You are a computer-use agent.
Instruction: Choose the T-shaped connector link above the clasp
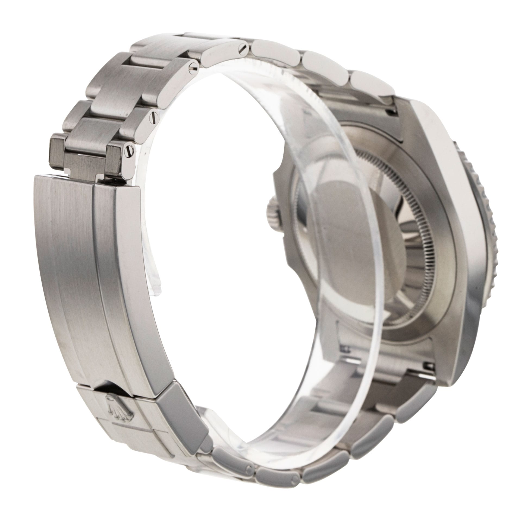[x=85, y=161]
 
